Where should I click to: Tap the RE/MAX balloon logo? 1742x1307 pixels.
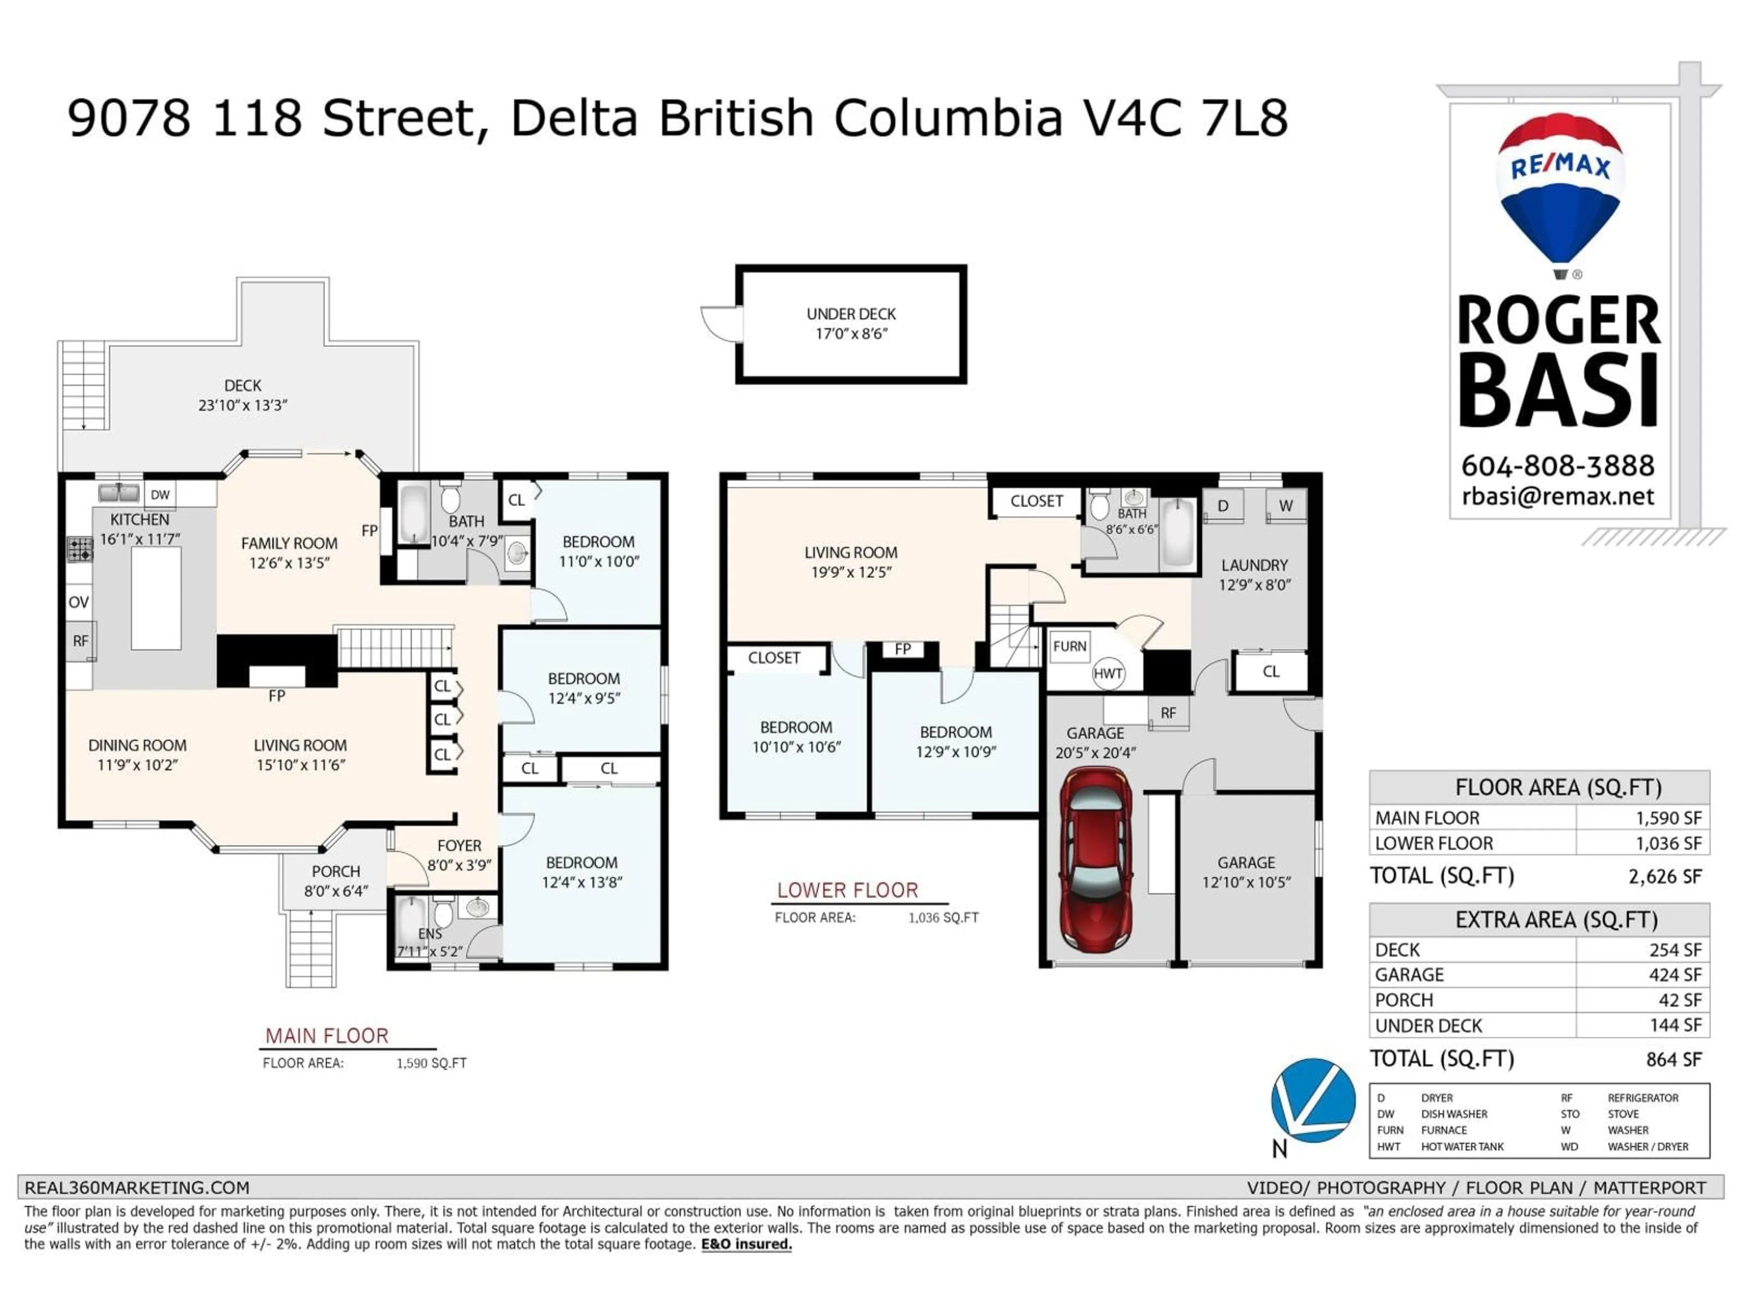[x=1559, y=189]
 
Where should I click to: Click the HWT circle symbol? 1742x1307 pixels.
[x=1107, y=673]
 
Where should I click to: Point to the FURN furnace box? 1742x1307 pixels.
[x=1069, y=647]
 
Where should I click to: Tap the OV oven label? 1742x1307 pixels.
[x=78, y=602]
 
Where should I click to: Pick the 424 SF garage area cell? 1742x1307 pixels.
[x=1674, y=974]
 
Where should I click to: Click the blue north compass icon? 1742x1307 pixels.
[x=1313, y=1101]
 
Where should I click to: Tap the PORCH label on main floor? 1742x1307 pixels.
[x=336, y=871]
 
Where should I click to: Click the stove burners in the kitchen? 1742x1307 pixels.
[x=79, y=549]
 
